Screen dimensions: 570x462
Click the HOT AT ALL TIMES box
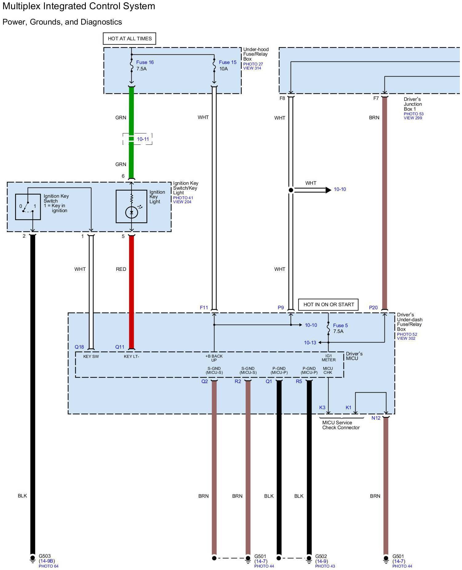(129, 39)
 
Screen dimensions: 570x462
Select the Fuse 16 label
(145, 62)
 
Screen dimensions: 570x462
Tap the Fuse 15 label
(228, 62)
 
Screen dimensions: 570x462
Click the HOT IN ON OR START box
(329, 305)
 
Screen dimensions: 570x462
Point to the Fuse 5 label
(340, 325)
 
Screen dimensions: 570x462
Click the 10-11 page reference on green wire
(143, 139)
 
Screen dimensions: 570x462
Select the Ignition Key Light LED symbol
(132, 212)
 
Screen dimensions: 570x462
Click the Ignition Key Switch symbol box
(28, 207)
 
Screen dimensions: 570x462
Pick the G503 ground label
(45, 556)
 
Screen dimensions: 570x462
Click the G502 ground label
(321, 556)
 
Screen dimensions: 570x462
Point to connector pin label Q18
(79, 347)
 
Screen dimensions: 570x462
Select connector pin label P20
(373, 307)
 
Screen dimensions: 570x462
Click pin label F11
(204, 307)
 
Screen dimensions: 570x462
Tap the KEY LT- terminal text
(131, 357)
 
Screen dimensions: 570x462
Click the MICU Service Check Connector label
(341, 425)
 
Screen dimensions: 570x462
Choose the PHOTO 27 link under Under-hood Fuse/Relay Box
(253, 64)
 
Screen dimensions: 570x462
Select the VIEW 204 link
(182, 202)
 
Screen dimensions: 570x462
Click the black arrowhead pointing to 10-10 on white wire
(328, 190)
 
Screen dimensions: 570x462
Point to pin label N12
(376, 418)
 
